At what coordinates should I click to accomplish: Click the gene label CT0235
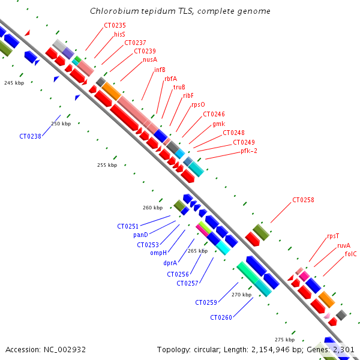point(115,26)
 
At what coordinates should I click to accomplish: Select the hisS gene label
point(119,35)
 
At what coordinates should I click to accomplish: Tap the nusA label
point(150,60)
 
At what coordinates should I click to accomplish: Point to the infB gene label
point(160,70)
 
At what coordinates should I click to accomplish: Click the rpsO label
point(198,104)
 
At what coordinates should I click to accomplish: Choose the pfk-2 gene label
point(249,151)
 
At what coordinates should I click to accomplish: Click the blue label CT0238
point(30,136)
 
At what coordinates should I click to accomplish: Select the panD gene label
point(140,235)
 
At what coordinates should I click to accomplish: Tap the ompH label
point(158,253)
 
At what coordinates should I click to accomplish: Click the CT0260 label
point(221,317)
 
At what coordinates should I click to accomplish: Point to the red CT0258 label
point(304,200)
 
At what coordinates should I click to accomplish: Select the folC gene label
point(351,254)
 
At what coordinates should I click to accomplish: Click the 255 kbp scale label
point(107,165)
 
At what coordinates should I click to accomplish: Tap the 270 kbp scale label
point(241,295)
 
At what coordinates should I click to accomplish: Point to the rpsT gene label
point(333,236)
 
